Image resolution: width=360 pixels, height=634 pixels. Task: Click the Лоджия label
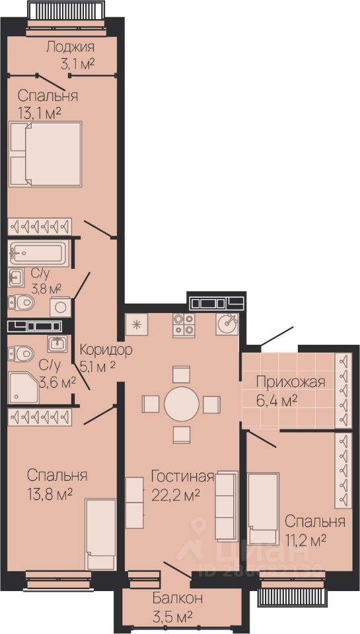pyautogui.click(x=70, y=47)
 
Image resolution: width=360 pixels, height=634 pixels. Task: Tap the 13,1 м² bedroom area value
pyautogui.click(x=40, y=112)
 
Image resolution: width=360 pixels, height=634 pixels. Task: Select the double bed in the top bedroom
pyautogui.click(x=45, y=154)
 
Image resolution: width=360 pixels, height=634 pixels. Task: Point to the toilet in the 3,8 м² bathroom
pyautogui.click(x=20, y=301)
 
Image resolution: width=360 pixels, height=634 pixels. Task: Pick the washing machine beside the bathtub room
pyautogui.click(x=60, y=307)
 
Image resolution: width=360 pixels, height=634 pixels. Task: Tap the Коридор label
pyautogui.click(x=106, y=349)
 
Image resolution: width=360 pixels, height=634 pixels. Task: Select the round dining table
pyautogui.click(x=182, y=404)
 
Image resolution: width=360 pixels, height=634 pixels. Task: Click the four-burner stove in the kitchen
pyautogui.click(x=184, y=325)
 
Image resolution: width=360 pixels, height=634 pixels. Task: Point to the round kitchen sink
pyautogui.click(x=227, y=324)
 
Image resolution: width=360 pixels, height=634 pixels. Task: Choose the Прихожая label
pyautogui.click(x=291, y=382)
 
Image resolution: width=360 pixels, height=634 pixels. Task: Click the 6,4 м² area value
pyautogui.click(x=277, y=400)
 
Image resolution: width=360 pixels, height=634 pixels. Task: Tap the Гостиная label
pyautogui.click(x=182, y=476)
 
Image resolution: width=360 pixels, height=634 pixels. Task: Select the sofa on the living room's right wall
pyautogui.click(x=226, y=505)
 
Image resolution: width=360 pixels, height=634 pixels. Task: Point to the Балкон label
pyautogui.click(x=178, y=598)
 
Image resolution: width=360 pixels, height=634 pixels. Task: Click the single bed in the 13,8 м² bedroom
pyautogui.click(x=100, y=534)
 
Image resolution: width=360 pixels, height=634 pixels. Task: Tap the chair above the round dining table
pyautogui.click(x=181, y=374)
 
